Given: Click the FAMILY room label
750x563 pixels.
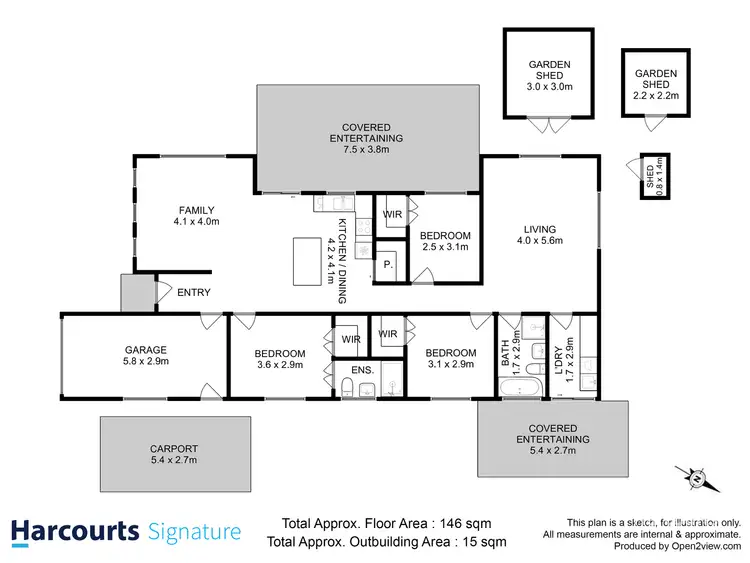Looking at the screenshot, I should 195,215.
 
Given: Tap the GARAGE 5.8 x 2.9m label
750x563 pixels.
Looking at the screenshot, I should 145,355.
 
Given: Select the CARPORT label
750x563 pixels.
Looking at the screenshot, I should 174,454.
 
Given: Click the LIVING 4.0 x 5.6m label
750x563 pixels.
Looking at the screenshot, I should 539,234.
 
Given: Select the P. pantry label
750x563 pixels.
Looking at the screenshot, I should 388,265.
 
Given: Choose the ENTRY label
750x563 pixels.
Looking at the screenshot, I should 193,292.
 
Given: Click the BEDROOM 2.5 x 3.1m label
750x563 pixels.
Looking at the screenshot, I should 445,241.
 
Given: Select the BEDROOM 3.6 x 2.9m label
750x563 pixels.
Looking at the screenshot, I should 279,359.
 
